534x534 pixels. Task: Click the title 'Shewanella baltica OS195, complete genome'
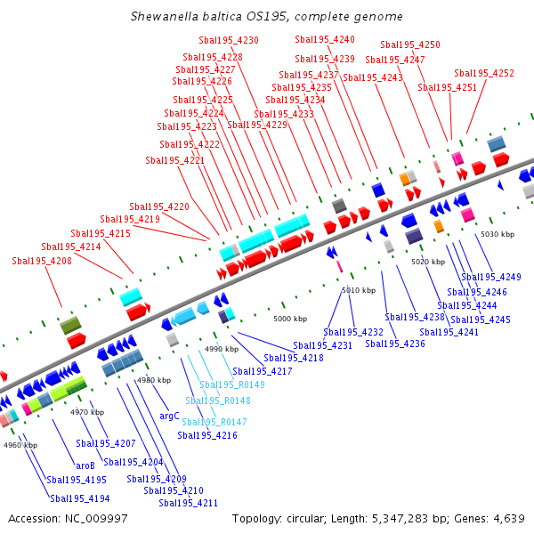click(266, 16)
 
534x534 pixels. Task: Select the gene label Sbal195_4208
click(42, 261)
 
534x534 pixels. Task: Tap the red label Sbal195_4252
click(484, 73)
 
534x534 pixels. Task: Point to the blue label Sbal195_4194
click(79, 498)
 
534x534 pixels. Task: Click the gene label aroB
click(85, 465)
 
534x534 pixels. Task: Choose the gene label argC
click(169, 416)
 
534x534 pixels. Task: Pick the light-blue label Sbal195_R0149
click(232, 384)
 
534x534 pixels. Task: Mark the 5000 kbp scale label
click(290, 319)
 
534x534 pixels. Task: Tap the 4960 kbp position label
click(20, 445)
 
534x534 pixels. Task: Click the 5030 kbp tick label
click(498, 234)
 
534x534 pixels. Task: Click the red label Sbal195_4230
click(229, 41)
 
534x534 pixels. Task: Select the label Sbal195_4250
click(410, 44)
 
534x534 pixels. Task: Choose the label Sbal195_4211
click(189, 503)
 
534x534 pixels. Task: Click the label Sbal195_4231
click(323, 345)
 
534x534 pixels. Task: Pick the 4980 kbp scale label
click(151, 380)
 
